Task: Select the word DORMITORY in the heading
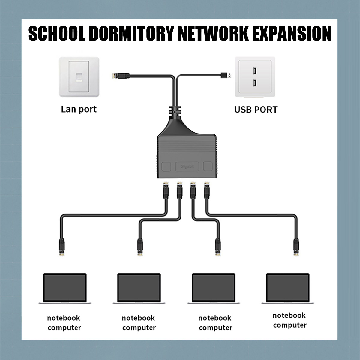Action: (x=131, y=33)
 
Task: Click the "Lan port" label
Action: (x=79, y=109)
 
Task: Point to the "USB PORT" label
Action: (x=256, y=109)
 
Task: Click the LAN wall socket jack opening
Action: (x=79, y=77)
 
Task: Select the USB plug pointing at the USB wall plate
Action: (x=226, y=75)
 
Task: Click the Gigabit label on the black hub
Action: (x=187, y=166)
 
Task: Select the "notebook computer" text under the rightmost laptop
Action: (x=289, y=320)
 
